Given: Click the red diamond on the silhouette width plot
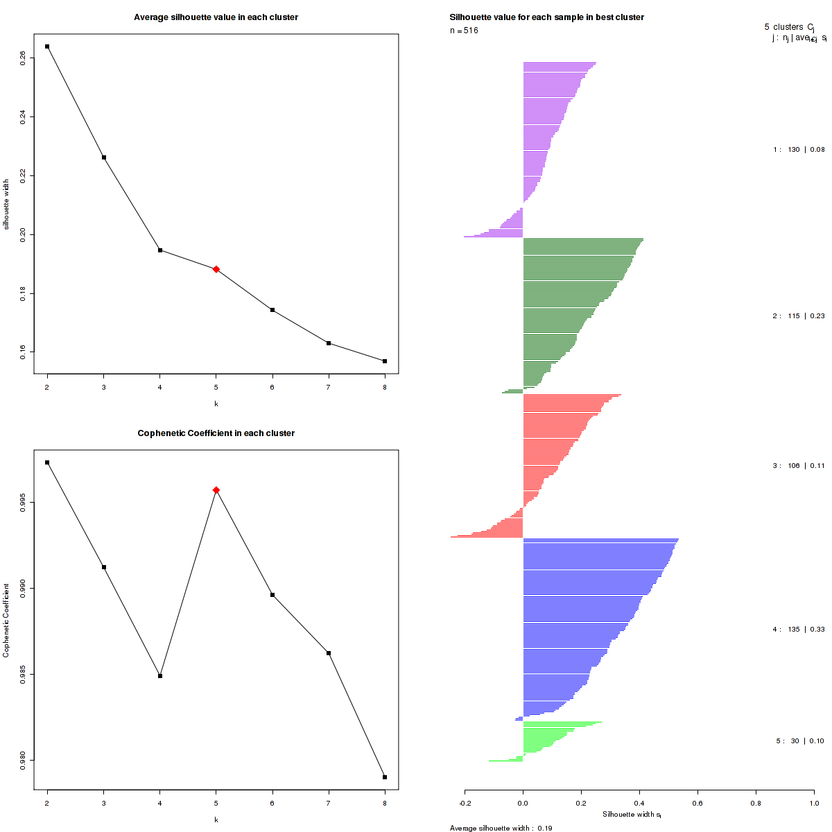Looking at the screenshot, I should pos(216,269).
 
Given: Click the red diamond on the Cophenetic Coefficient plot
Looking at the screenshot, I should pos(216,490).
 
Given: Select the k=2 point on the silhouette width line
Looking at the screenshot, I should pos(47,46).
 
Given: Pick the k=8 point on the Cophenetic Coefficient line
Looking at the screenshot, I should pos(385,777).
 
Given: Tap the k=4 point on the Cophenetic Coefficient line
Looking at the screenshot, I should pos(160,676).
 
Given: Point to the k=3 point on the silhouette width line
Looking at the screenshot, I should pos(104,157).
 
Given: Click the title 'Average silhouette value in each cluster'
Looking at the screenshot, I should pos(216,17).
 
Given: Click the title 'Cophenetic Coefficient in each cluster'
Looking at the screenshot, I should pos(216,433).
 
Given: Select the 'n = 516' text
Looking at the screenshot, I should pos(464,31).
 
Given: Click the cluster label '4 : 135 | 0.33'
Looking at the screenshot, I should pos(799,630).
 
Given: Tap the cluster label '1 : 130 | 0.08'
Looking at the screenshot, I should pos(799,150).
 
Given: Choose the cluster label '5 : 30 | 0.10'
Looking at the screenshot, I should pos(800,741).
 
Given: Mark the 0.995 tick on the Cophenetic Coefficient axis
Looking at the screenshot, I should pos(24,502).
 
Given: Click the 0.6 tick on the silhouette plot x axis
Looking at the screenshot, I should pos(697,804).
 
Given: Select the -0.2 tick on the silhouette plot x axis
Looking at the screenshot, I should pos(465,804).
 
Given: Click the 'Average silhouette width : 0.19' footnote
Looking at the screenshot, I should pos(501,828).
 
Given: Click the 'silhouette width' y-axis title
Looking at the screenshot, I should pos(6,204).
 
